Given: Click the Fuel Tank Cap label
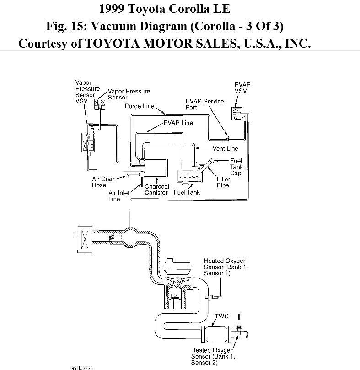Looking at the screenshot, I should point(236,167).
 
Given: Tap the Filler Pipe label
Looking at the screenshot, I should point(223,182).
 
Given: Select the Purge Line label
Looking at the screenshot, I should point(140,106).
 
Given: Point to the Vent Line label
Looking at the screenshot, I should point(225,149).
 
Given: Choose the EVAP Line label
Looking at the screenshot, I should point(178,123).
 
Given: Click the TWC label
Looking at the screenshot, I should point(222,316).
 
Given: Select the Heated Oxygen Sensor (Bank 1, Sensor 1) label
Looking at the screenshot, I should point(226,267).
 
